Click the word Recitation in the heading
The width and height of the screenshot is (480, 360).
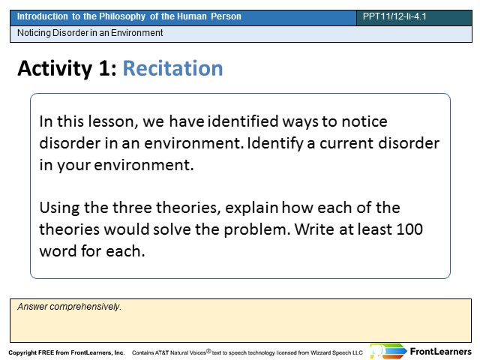[172, 68]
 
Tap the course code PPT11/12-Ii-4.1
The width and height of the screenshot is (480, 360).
[394, 16]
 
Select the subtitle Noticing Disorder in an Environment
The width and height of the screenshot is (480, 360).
[90, 33]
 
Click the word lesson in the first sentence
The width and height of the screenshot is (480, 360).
[112, 121]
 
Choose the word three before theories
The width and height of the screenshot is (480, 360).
[133, 208]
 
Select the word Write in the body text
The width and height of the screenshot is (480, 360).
[315, 229]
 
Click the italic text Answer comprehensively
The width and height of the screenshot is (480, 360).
[70, 307]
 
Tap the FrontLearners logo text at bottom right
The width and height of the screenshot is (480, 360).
[440, 352]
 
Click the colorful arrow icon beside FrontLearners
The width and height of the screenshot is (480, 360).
[388, 351]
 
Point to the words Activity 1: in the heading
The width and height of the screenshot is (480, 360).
[67, 68]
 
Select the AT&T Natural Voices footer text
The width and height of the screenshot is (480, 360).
[247, 352]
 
